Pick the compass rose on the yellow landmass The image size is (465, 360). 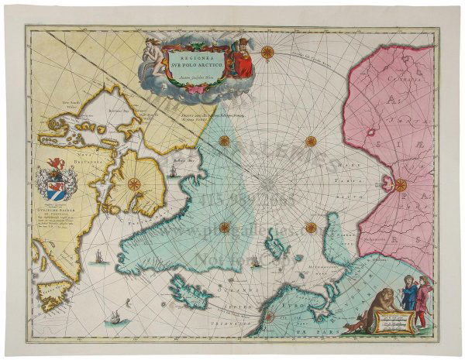(133, 184)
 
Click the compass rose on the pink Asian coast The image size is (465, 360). (400, 184)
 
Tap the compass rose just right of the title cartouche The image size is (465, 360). (267, 53)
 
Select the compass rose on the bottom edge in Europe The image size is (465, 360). (268, 316)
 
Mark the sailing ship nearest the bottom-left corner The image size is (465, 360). (115, 316)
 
